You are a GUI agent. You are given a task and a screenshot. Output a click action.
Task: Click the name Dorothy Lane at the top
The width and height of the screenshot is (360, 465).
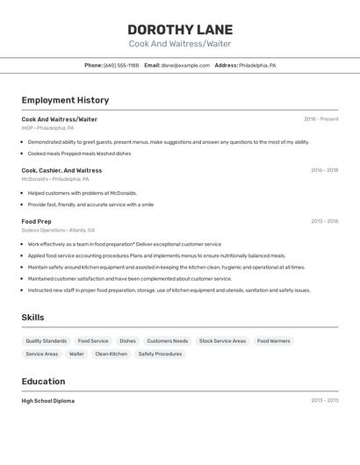180,29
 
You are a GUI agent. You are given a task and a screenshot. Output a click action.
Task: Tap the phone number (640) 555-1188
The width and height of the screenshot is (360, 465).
121,65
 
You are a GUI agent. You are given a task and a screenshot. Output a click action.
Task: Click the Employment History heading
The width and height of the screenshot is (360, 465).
65,100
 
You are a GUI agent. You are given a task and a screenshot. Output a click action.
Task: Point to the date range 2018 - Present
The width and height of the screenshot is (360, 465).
320,119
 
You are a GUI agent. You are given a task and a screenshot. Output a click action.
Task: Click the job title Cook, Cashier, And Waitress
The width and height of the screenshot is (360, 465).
61,170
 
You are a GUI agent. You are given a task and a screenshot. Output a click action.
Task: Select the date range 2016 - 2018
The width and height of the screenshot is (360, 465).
324,170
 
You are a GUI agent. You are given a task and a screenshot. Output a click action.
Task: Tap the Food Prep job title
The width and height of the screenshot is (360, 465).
37,222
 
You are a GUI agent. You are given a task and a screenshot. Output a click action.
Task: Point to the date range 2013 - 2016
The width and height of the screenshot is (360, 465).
324,222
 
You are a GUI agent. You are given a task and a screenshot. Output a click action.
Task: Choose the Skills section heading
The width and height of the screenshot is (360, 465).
33,318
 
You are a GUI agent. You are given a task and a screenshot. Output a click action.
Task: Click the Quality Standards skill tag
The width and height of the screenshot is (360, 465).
46,340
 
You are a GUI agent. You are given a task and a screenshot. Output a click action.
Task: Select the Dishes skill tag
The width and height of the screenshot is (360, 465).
127,340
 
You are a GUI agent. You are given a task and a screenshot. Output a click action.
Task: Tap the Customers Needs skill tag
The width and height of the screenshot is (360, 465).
167,340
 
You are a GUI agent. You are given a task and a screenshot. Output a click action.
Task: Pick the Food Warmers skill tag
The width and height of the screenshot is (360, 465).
274,340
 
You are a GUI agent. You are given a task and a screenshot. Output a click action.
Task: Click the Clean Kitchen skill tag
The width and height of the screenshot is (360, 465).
111,354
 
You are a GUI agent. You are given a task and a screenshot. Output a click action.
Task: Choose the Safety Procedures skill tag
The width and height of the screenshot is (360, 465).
160,354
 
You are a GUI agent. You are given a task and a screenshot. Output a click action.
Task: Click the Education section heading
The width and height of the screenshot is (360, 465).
44,382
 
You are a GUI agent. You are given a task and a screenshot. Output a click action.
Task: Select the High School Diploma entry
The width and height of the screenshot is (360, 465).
48,401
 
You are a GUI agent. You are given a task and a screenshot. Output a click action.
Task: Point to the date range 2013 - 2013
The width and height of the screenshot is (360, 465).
324,401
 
